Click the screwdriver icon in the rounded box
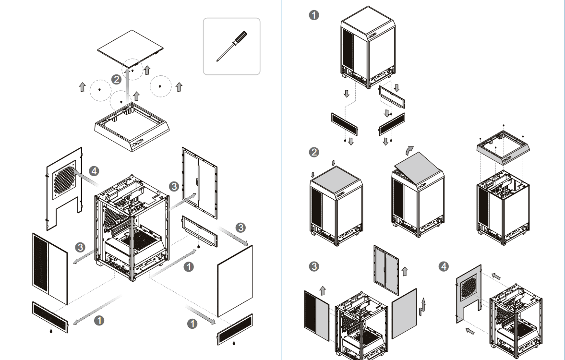tap(231, 46)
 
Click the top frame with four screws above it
tap(503, 147)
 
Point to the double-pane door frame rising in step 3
tap(385, 270)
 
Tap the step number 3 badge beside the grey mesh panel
tap(313, 267)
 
